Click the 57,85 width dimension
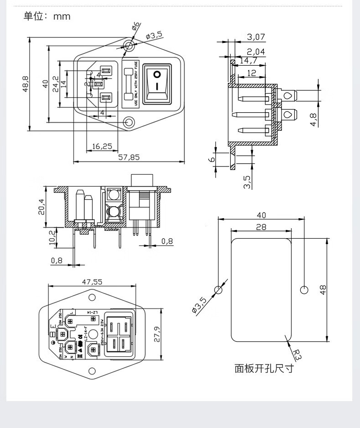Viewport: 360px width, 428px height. coord(129,157)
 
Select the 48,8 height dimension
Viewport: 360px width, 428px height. coord(26,84)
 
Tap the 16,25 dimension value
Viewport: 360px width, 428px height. coord(102,146)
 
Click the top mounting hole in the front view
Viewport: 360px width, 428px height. coord(130,45)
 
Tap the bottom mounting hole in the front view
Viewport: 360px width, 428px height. coord(130,122)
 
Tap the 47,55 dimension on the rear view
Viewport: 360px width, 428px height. coord(92,282)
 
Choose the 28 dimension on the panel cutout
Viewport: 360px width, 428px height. coord(261,227)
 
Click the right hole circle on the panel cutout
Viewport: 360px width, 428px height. coord(304,289)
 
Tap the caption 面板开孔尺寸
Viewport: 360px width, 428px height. coord(264,368)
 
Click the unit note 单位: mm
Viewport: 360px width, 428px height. coord(47,16)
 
